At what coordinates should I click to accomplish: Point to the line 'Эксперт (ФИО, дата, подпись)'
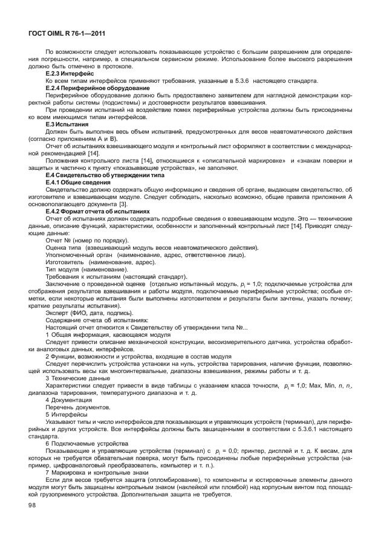click(88, 313)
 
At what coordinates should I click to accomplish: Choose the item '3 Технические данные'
click(76, 377)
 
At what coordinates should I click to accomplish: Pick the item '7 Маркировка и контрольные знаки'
click(96, 473)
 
